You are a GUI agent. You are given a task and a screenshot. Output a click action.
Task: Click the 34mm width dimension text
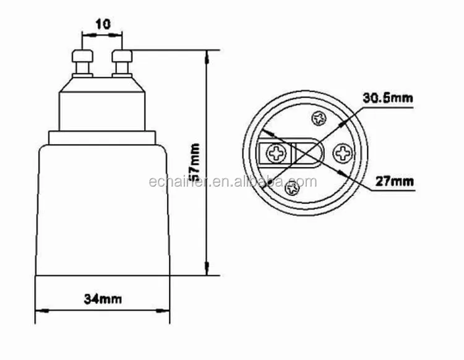(102, 299)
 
